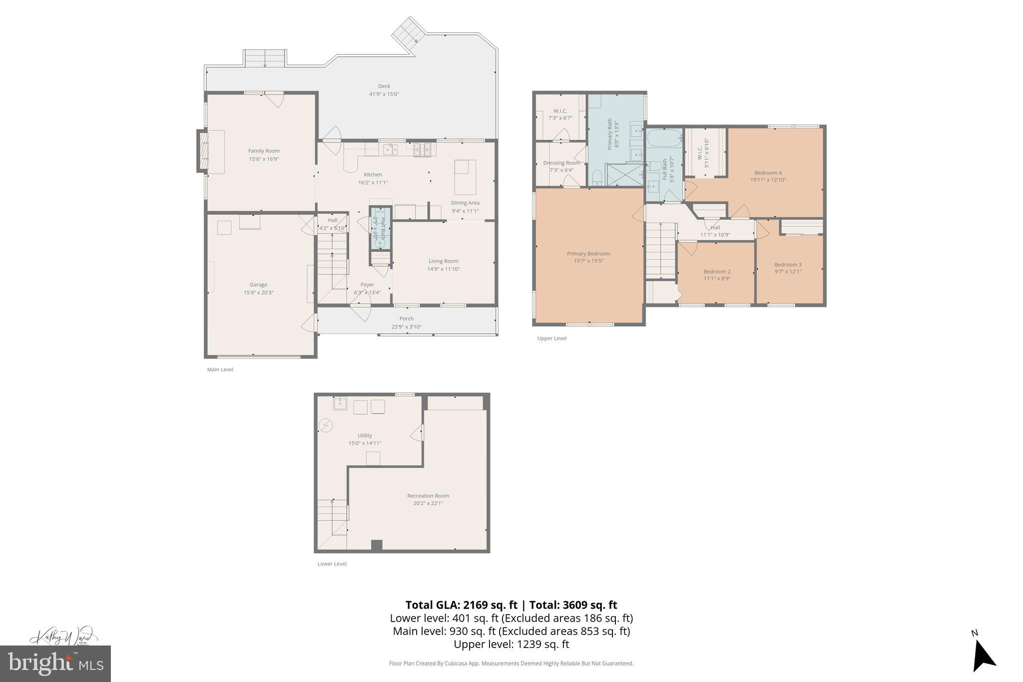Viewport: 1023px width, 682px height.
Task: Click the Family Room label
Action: point(264,151)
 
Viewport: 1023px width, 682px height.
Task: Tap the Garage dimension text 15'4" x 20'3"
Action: point(258,293)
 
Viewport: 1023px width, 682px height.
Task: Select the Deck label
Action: point(384,86)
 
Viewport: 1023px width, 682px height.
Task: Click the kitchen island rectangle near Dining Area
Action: point(465,177)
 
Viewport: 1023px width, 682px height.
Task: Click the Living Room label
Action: point(443,261)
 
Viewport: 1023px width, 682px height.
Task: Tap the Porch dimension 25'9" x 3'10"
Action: point(406,327)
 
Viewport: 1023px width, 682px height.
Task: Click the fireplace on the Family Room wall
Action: point(202,151)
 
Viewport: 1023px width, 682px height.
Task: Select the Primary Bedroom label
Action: point(588,253)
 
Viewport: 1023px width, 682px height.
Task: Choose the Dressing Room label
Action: point(561,163)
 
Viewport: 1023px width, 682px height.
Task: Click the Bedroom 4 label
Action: point(768,173)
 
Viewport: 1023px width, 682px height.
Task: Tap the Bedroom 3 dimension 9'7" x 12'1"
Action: point(788,272)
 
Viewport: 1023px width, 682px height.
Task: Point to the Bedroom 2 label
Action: point(717,271)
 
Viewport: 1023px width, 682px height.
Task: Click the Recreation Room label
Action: point(428,496)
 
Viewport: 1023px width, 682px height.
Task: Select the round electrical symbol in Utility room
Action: point(326,426)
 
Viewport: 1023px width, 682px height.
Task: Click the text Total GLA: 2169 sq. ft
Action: point(461,605)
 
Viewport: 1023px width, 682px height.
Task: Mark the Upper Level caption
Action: point(551,338)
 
